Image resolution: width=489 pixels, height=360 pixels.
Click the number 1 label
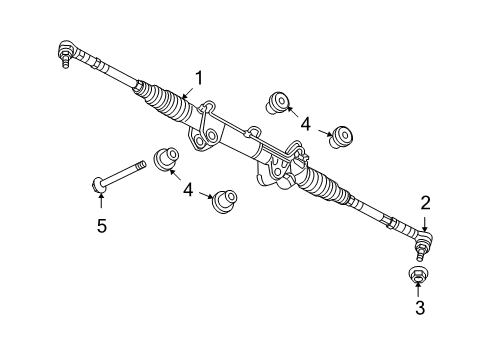[199, 77]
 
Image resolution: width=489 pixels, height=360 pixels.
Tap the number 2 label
[425, 203]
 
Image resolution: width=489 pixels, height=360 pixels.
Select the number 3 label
[419, 309]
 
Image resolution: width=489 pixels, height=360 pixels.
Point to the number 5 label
[101, 227]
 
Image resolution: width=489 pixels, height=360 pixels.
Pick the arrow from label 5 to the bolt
[101, 203]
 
